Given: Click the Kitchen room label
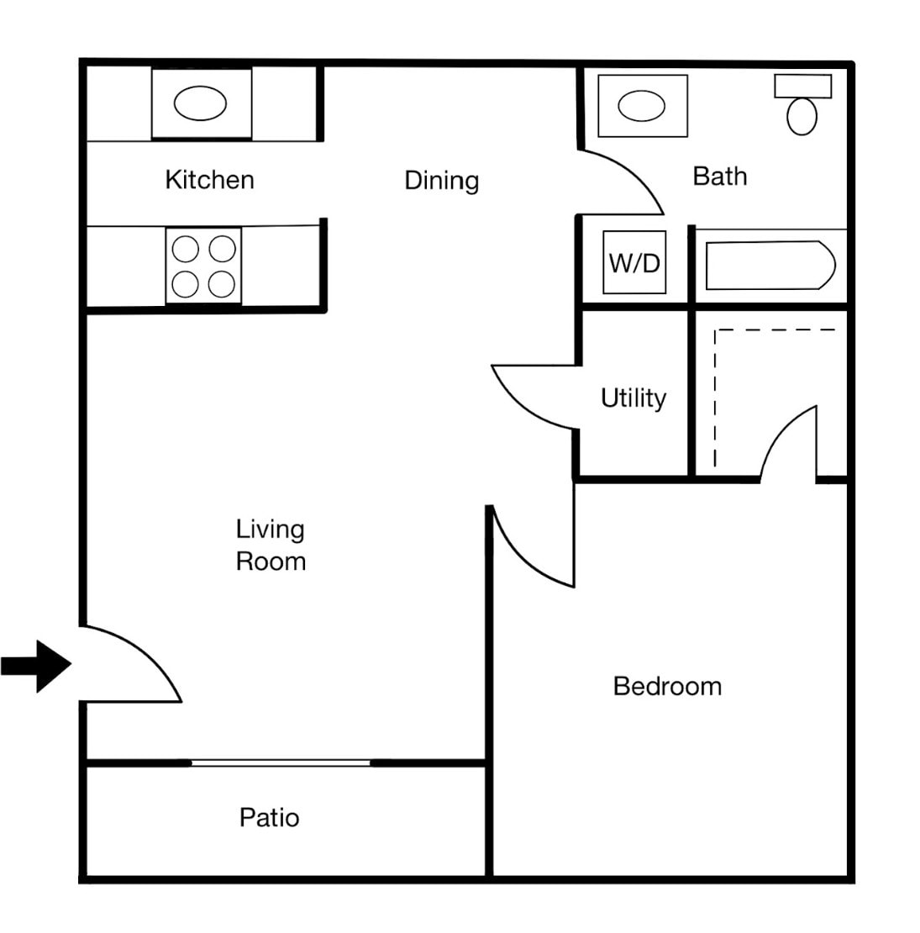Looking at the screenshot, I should [209, 180].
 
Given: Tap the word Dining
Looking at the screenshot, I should [441, 181].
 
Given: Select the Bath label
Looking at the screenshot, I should [719, 177].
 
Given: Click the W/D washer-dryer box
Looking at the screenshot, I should [634, 263].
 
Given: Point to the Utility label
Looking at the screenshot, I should [633, 398].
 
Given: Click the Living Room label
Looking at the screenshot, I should [270, 545].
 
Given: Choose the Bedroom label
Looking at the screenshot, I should [667, 686].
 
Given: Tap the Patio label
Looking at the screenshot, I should [269, 817].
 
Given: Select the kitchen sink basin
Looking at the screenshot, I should [200, 104].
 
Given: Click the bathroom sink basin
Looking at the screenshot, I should [642, 107].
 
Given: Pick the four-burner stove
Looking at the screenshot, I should [203, 266].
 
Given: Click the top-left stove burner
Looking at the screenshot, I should [186, 250].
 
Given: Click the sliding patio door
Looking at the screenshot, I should [281, 762].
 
